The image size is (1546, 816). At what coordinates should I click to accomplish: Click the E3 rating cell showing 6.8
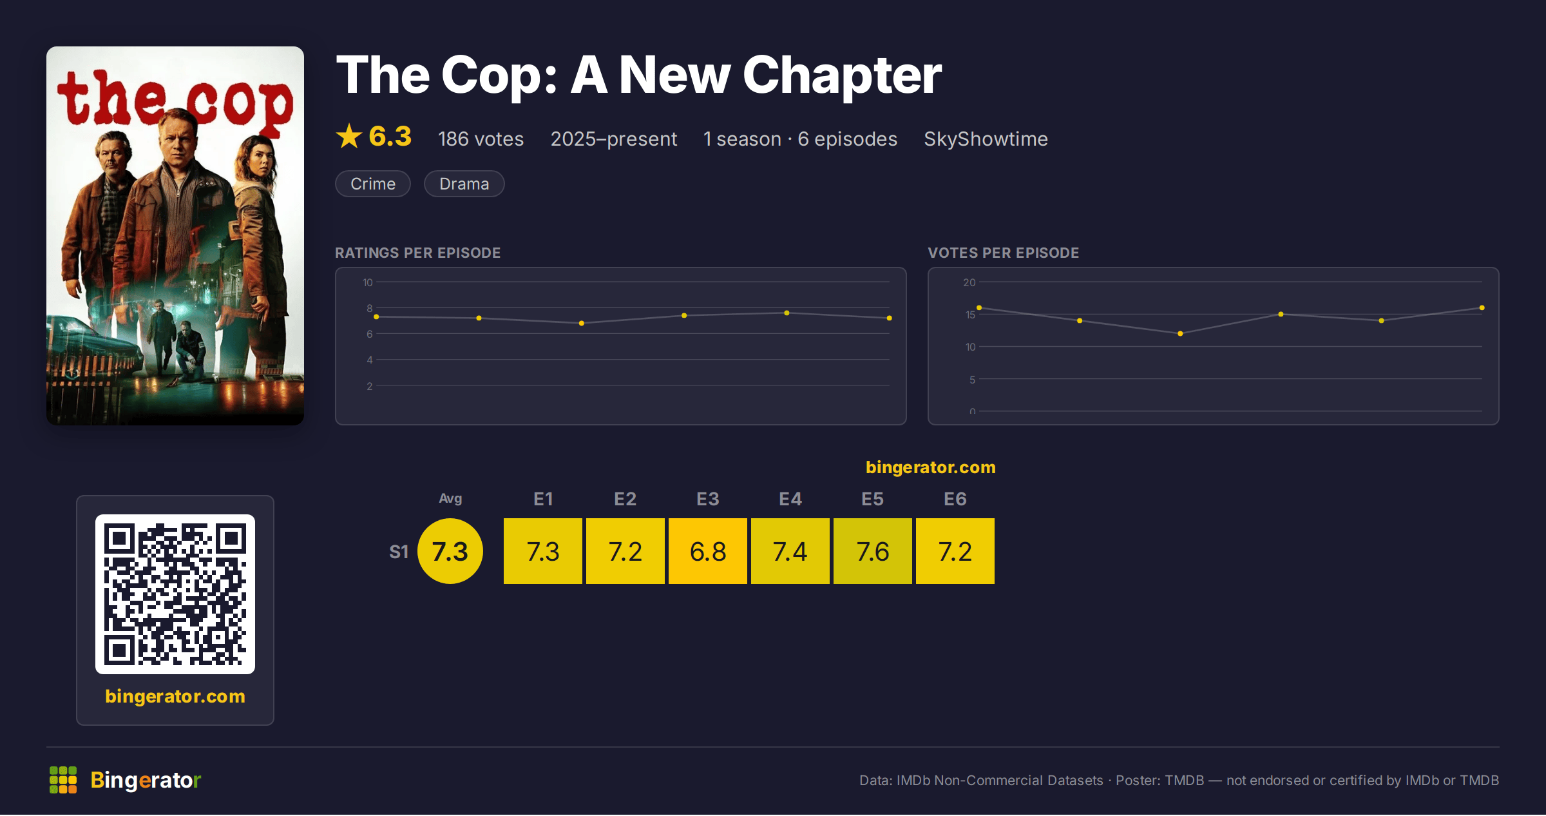coord(708,551)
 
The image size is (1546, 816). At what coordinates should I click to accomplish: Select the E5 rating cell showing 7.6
coord(873,551)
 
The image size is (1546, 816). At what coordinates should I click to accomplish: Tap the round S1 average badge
coord(450,551)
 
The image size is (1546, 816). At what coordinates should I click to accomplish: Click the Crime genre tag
coord(373,184)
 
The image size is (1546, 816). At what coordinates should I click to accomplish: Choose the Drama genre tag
coord(464,184)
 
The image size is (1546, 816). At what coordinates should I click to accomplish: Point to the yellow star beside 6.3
coord(349,136)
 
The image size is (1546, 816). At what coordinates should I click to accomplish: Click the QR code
coord(175,594)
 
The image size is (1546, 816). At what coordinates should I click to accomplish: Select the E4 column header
coord(790,499)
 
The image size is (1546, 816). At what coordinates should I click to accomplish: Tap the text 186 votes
coord(481,139)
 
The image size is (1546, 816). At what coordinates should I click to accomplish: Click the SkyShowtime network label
coord(986,139)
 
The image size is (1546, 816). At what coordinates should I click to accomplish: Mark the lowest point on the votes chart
coord(1180,333)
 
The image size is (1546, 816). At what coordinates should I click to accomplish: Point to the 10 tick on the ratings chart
coord(368,282)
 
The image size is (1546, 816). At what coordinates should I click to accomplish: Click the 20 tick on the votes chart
coord(969,282)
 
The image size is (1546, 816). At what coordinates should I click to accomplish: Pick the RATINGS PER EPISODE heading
coord(417,253)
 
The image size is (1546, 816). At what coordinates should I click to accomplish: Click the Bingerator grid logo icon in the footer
coord(63,780)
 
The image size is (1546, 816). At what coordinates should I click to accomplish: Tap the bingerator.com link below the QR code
coord(175,696)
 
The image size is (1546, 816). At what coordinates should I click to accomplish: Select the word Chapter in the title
coord(843,75)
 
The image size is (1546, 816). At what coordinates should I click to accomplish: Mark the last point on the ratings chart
coord(890,318)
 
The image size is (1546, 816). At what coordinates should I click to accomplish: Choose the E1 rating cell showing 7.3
coord(543,551)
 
